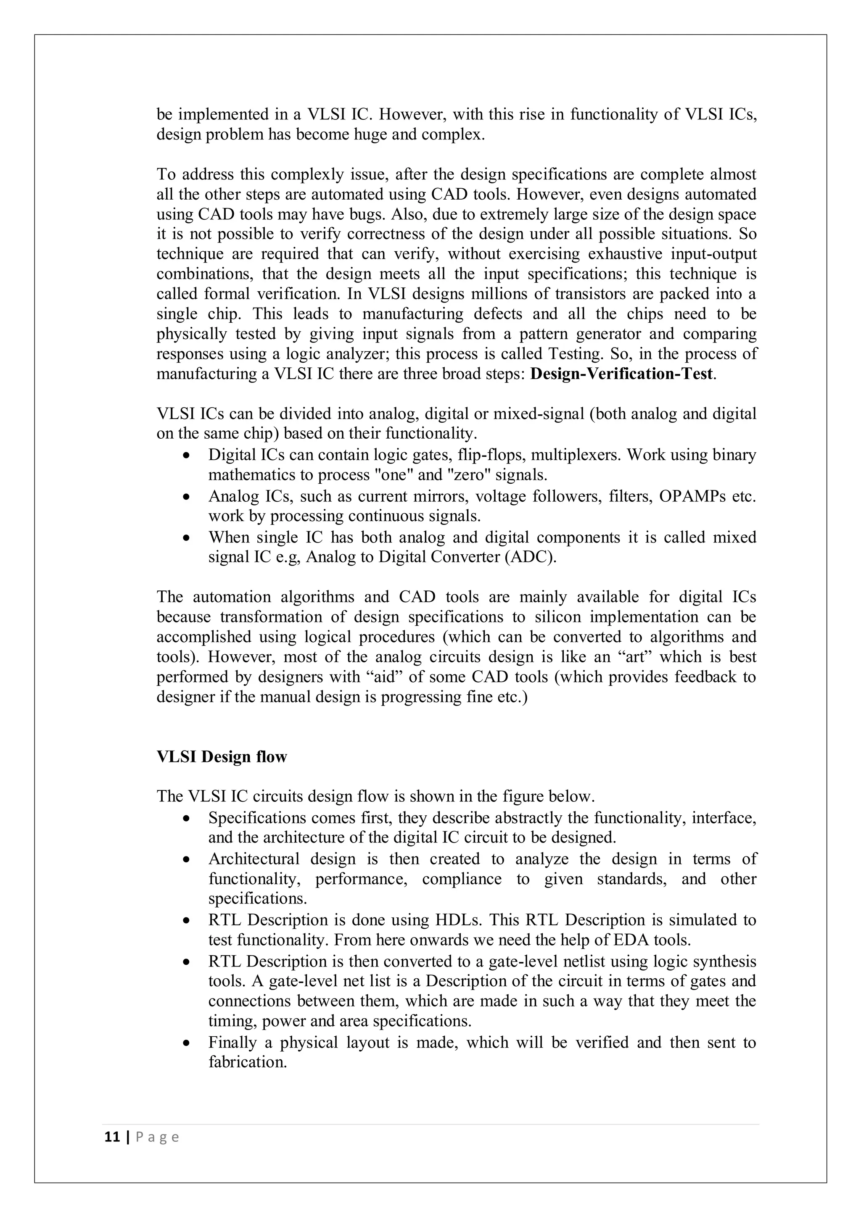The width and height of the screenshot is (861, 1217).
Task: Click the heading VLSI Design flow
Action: coord(222,756)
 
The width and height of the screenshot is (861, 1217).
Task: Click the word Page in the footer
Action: coord(158,1138)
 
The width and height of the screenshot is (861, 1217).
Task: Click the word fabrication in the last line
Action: coord(247,1063)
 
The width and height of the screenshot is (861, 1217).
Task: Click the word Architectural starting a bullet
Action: coord(254,859)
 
